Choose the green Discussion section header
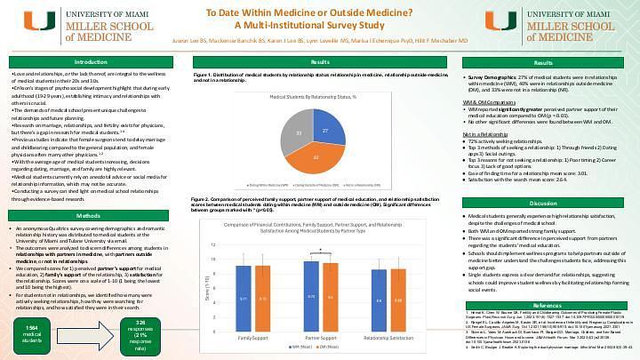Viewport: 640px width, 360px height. (544, 204)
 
